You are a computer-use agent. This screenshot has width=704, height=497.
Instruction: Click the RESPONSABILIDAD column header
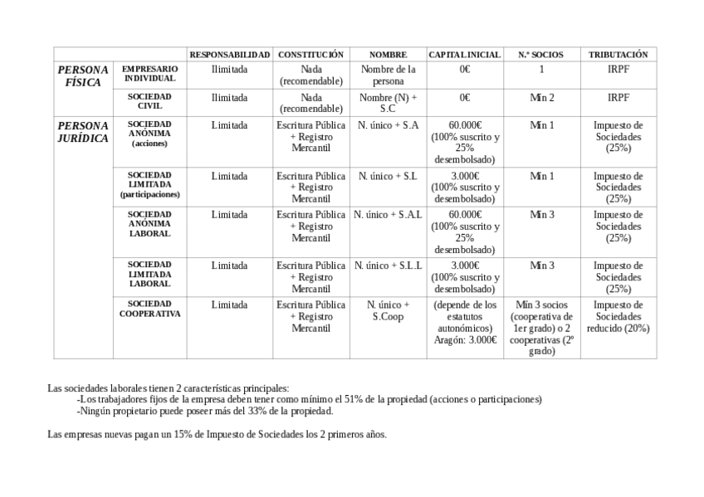229,55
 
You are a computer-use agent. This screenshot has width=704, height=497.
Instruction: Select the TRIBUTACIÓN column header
618,55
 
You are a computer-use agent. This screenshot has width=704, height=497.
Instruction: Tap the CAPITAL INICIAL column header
464,55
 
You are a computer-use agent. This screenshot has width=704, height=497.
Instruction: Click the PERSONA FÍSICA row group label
82,76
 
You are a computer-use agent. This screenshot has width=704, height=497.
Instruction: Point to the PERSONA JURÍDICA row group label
82,132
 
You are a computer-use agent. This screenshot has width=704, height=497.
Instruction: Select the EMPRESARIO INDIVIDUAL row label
150,74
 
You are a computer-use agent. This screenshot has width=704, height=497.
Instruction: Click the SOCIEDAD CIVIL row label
150,102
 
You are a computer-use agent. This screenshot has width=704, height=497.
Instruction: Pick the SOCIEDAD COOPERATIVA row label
150,309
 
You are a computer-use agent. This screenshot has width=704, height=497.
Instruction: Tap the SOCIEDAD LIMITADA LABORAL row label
150,274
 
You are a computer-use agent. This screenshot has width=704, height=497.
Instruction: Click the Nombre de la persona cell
389,76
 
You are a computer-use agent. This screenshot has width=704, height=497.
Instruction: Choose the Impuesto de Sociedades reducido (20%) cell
618,316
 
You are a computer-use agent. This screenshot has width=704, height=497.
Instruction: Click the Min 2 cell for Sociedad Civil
541,98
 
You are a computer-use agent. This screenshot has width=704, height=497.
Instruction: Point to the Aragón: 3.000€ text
465,339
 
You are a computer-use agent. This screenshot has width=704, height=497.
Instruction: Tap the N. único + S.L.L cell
389,266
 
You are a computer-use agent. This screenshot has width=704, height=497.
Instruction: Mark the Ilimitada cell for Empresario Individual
229,70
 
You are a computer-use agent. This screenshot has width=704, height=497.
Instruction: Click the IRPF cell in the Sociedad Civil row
618,98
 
